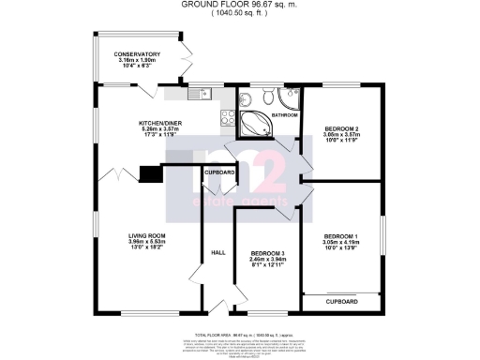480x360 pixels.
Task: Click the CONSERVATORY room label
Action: [138, 54]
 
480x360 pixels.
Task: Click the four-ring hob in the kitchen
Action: [225, 117]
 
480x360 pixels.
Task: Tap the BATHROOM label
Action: [284, 114]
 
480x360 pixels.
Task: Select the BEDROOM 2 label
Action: [341, 127]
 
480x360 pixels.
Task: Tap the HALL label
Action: [217, 252]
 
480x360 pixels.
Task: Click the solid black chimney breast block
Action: [149, 173]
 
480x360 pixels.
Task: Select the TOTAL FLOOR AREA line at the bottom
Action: [240, 335]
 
